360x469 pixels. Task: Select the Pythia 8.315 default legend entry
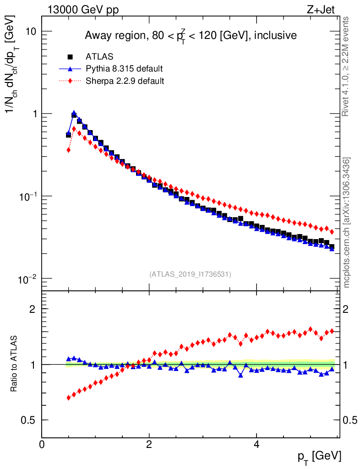(x=124, y=69)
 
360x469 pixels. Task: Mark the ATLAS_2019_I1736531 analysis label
(x=190, y=274)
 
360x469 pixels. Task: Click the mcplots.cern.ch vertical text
(x=347, y=223)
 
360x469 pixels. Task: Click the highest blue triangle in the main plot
(x=74, y=113)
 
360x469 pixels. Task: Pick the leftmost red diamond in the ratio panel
(x=69, y=398)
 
